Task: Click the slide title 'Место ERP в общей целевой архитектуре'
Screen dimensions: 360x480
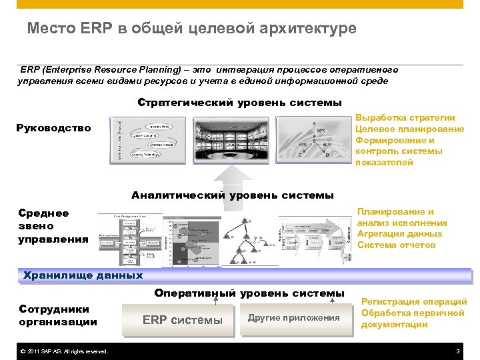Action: pos(192,29)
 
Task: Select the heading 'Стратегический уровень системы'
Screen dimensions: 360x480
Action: pos(239,103)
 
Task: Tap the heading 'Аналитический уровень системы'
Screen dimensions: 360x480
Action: pos(233,195)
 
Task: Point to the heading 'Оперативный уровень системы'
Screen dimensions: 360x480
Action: pos(249,293)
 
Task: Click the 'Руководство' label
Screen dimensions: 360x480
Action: pos(54,128)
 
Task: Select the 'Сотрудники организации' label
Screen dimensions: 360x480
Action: pos(58,315)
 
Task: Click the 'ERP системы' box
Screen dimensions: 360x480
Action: pos(182,320)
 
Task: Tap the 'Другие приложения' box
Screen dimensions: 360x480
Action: pos(293,318)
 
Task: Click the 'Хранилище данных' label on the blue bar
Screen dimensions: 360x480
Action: pos(83,275)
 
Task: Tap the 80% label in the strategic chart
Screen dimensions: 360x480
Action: pos(321,130)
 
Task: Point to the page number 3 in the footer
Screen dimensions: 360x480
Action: pos(458,351)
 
